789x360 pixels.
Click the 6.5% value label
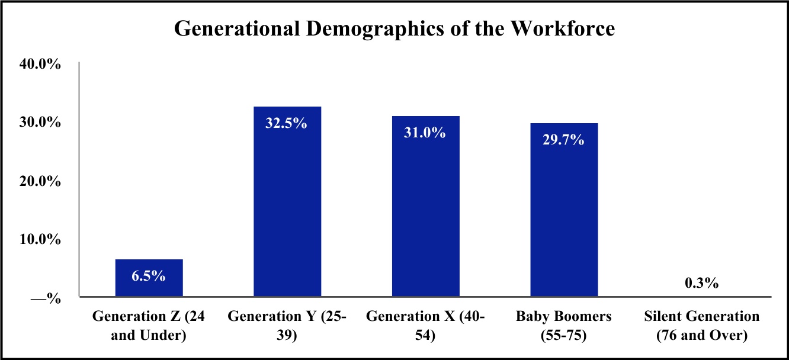click(149, 276)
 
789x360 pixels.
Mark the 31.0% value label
click(425, 133)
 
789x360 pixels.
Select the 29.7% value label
click(564, 140)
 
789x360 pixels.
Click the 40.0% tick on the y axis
click(40, 64)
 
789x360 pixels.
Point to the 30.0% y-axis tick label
click(40, 123)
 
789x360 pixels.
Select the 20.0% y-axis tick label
click(40, 181)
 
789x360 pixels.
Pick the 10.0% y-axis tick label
click(40, 240)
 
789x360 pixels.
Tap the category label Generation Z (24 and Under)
click(149, 326)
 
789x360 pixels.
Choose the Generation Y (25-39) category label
click(287, 326)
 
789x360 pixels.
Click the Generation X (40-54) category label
click(425, 326)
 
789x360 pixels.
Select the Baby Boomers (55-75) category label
click(564, 326)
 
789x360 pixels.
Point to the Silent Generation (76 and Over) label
click(701, 326)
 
